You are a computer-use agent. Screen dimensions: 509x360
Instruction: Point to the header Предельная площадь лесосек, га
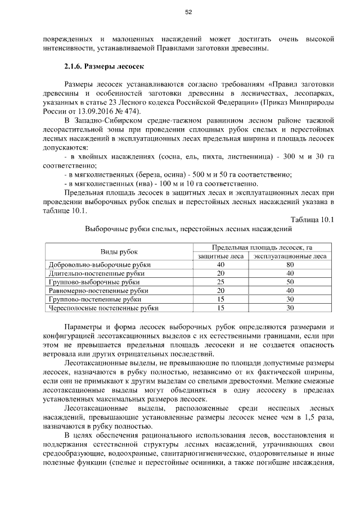(262, 247)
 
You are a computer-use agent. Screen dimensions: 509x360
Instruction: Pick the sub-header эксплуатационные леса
(290, 256)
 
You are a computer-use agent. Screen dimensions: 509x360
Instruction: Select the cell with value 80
(290, 264)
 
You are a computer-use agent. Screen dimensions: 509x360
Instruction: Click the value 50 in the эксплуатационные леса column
(290, 282)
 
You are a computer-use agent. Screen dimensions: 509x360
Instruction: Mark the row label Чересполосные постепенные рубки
(103, 308)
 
